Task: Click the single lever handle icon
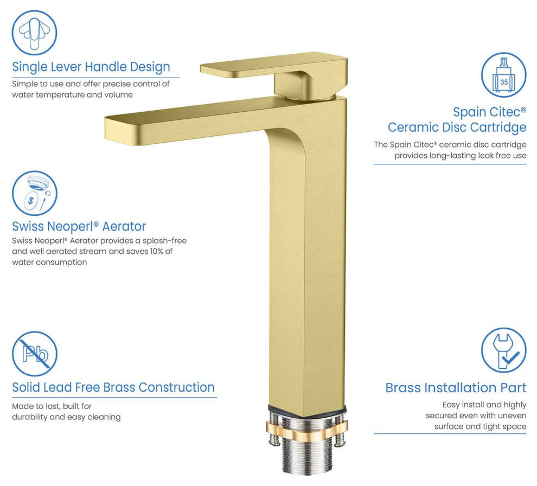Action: click(x=34, y=33)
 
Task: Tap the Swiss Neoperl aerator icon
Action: click(x=35, y=194)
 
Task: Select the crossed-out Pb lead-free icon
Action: click(x=35, y=354)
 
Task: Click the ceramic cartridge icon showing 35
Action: click(x=503, y=75)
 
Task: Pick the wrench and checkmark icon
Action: click(x=503, y=350)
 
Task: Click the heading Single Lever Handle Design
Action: click(x=91, y=67)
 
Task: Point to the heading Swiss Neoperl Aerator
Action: click(x=79, y=226)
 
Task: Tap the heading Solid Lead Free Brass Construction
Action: click(x=113, y=387)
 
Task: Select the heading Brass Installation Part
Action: click(x=456, y=388)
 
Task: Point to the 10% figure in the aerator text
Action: click(x=157, y=251)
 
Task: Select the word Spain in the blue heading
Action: click(x=469, y=112)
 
